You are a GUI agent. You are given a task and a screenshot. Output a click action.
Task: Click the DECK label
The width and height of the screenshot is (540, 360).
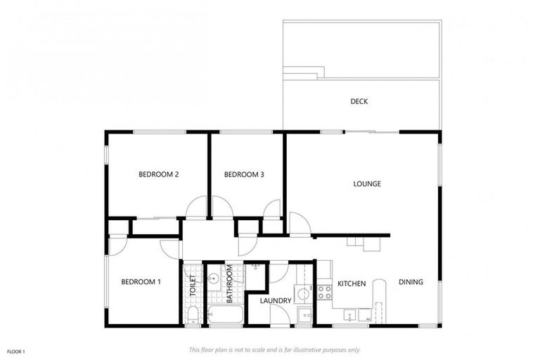pyautogui.click(x=359, y=101)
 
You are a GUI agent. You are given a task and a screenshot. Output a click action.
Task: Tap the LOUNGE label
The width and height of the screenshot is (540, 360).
pyautogui.click(x=366, y=184)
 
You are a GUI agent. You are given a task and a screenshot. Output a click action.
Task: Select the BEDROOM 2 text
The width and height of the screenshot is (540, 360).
pyautogui.click(x=157, y=174)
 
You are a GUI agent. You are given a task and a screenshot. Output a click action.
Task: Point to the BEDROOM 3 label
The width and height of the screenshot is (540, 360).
pyautogui.click(x=243, y=174)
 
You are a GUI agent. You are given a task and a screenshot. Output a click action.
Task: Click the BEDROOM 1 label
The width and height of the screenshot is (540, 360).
pyautogui.click(x=141, y=282)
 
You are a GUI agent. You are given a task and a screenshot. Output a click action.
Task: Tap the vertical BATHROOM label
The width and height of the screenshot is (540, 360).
pyautogui.click(x=229, y=283)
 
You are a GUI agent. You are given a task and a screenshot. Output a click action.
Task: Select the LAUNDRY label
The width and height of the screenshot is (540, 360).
pyautogui.click(x=275, y=301)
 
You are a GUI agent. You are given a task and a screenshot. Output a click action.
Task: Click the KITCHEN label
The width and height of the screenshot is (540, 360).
pyautogui.click(x=352, y=283)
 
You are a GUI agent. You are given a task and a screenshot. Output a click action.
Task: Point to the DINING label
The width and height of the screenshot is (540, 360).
pyautogui.click(x=411, y=283)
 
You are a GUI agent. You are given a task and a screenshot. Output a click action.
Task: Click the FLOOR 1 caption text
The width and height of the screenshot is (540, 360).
pyautogui.click(x=15, y=351)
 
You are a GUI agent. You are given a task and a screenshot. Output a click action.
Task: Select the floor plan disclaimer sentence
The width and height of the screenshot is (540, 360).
pyautogui.click(x=274, y=349)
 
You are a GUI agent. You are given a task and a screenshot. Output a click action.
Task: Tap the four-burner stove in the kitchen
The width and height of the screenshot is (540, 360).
pyautogui.click(x=324, y=290)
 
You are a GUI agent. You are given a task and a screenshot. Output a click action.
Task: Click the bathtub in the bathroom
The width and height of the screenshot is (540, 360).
pyautogui.click(x=224, y=314)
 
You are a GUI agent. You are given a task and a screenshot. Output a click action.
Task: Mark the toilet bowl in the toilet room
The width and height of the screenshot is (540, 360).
pyautogui.click(x=191, y=314)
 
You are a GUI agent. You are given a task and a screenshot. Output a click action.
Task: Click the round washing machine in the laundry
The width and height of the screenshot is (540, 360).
pyautogui.click(x=302, y=295)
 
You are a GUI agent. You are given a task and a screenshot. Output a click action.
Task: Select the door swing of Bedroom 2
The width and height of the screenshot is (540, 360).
pyautogui.click(x=197, y=208)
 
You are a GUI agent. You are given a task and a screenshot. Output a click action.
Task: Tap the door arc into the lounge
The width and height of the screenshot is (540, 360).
pyautogui.click(x=299, y=224)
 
